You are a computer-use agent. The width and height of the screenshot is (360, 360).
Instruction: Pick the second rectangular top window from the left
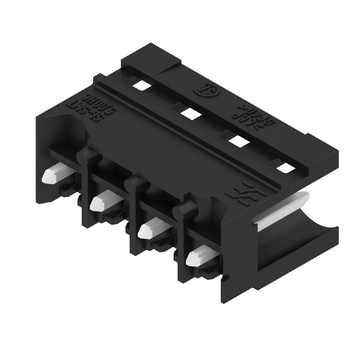(189, 112)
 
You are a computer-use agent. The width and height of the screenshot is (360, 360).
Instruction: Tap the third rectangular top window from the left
(237, 140)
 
